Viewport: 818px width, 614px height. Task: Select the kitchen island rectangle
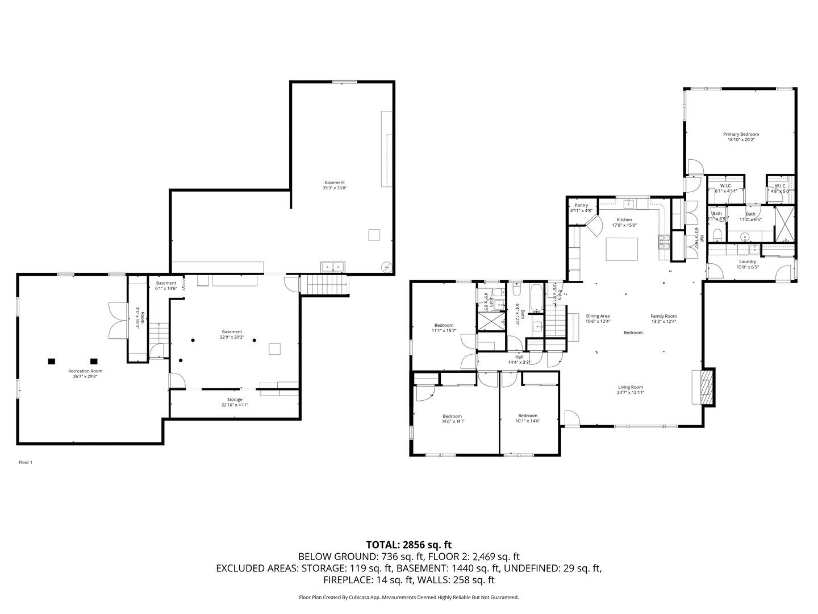[622, 249]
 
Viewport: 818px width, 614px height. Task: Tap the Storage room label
[235, 400]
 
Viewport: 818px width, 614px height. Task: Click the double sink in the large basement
[332, 266]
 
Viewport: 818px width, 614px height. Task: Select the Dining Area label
[598, 316]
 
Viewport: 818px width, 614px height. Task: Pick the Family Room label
[663, 316]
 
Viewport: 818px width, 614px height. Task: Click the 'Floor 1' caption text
[26, 462]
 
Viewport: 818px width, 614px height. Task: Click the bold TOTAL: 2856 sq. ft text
[409, 545]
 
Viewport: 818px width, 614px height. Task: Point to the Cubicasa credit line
[409, 598]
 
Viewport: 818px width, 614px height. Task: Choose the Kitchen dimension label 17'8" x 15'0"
[624, 225]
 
